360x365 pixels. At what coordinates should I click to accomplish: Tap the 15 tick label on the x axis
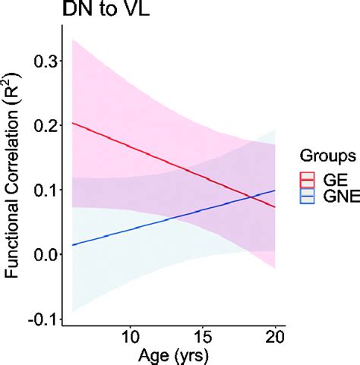pos(203,335)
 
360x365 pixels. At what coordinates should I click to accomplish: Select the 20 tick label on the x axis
pos(275,335)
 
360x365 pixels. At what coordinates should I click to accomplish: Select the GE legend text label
pos(332,180)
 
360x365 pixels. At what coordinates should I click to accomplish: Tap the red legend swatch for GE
pos(308,180)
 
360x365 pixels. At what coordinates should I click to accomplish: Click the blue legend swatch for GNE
pos(308,197)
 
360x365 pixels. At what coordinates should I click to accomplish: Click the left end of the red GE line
pos(71,123)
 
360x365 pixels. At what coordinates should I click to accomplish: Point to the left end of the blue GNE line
pos(71,245)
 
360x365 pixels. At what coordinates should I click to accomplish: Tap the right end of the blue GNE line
pos(275,190)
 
